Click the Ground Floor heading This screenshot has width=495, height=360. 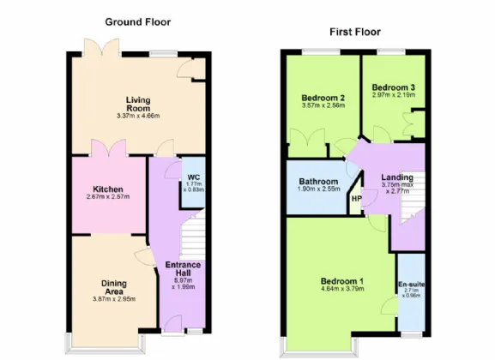point(137,21)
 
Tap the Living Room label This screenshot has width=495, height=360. point(138,105)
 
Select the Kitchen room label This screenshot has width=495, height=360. point(109,189)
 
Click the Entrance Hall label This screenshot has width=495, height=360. point(182,270)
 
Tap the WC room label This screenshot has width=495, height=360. point(193,178)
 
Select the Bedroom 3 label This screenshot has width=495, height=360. point(393,87)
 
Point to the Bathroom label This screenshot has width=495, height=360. point(317,182)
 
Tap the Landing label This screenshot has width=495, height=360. point(396,177)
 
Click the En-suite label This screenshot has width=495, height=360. point(411,283)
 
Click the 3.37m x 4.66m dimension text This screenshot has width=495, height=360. point(138,117)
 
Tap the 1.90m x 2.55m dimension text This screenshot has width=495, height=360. point(317,190)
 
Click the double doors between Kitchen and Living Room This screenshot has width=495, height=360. point(108,147)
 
